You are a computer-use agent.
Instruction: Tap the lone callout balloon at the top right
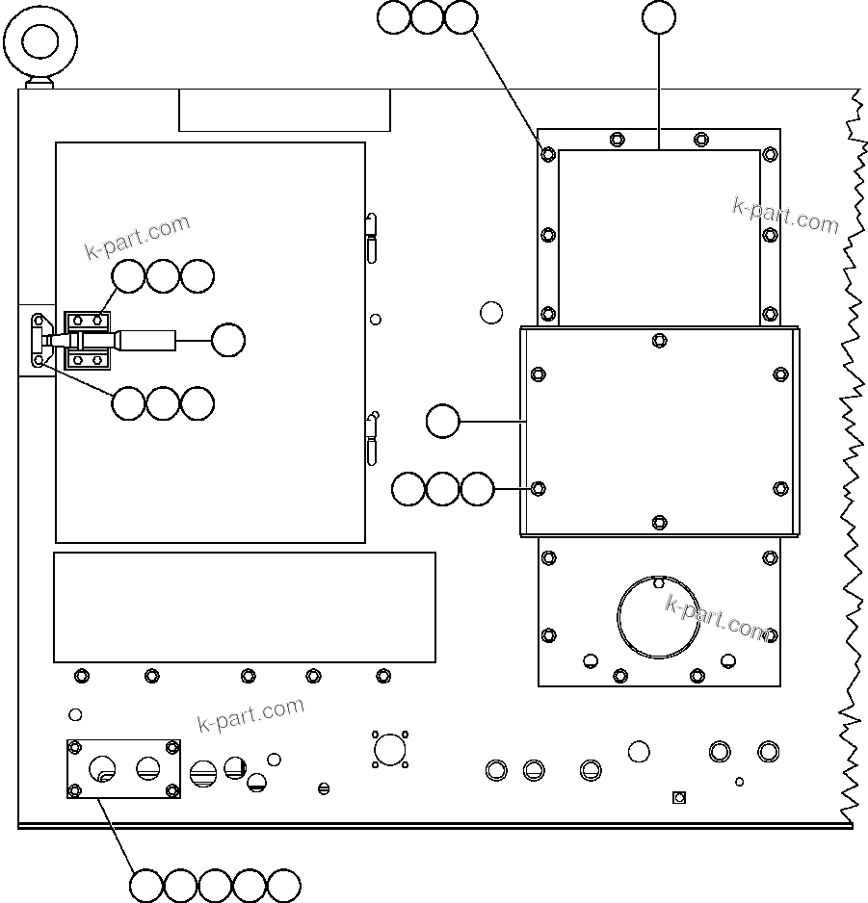659,16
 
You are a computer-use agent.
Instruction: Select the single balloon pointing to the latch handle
227,339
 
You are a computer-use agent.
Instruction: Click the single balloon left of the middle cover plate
442,422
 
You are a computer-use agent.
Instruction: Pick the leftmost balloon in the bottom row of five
146,885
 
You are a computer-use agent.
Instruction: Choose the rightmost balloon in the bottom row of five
284,885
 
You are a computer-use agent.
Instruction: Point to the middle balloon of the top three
427,17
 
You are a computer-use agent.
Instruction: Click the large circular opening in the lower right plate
659,617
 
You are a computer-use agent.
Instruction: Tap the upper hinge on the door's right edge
371,235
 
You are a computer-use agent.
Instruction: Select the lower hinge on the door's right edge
372,438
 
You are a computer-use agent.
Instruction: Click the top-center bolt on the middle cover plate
659,340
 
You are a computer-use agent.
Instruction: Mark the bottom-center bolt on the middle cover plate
659,522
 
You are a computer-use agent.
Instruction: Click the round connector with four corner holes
389,748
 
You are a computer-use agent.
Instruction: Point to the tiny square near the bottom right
678,796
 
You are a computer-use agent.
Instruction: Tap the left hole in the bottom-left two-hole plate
102,767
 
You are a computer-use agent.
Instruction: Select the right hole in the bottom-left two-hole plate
147,766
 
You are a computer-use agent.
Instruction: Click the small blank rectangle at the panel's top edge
284,110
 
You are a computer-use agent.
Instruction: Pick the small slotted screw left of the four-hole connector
325,788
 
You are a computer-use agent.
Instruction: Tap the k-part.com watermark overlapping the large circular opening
718,618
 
